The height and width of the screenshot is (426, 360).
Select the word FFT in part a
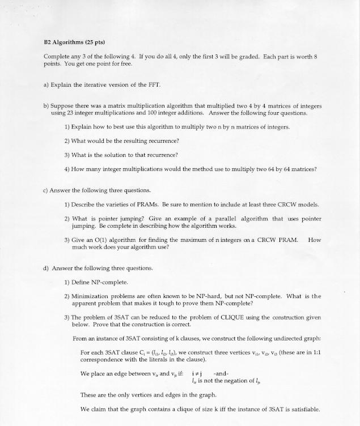154,85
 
